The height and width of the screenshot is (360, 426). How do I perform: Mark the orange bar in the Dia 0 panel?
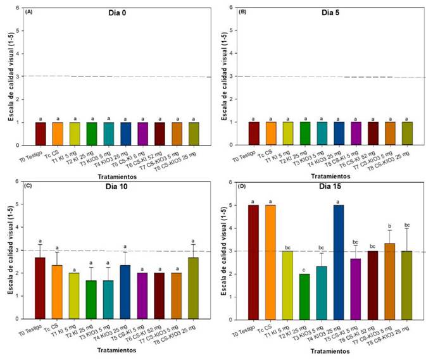pos(57,133)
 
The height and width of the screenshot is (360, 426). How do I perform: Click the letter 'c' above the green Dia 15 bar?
pos(304,268)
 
